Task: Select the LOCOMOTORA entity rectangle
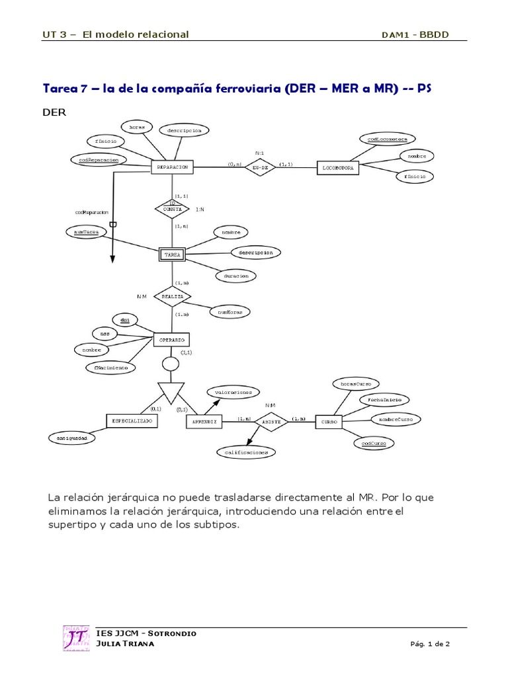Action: pos(339,168)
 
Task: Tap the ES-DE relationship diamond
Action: pos(260,168)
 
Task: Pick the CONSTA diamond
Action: pos(172,208)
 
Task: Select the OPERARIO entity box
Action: pos(172,340)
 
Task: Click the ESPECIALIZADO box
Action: pos(132,420)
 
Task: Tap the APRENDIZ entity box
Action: pos(205,421)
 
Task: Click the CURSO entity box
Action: pos(329,421)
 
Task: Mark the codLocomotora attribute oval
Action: pos(388,139)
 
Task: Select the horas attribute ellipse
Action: pos(137,126)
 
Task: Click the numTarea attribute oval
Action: pos(87,232)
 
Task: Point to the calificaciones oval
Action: pos(245,452)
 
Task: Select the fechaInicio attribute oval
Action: pos(384,400)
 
